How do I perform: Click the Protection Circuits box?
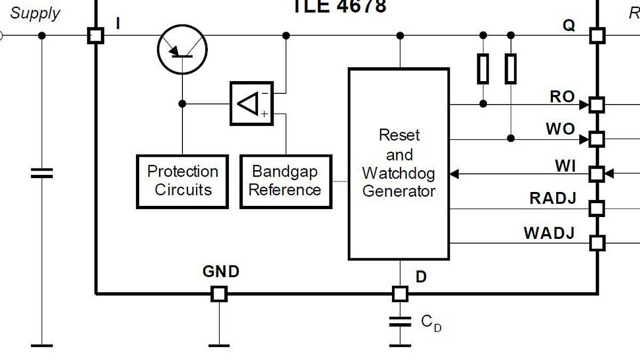tap(182, 181)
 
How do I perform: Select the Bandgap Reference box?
tap(286, 181)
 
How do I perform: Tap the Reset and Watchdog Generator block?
tap(398, 164)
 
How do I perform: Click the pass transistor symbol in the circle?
tap(182, 49)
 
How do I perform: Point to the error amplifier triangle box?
tap(251, 103)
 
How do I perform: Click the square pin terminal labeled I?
tap(95, 36)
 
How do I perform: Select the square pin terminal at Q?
tap(597, 36)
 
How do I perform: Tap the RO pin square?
tap(597, 105)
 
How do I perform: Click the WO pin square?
tap(597, 139)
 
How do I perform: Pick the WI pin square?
tap(597, 174)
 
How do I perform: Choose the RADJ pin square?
tap(597, 208)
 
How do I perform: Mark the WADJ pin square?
tap(597, 243)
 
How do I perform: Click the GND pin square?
tap(219, 293)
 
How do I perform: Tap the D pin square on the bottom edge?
tap(400, 293)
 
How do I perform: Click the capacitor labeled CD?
tap(400, 322)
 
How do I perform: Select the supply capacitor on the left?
tap(42, 173)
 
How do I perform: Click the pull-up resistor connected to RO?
tap(483, 69)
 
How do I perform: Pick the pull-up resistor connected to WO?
tap(510, 69)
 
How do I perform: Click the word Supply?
tap(35, 13)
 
